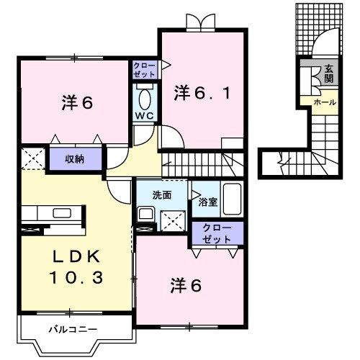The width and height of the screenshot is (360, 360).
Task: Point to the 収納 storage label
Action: pos(76,159)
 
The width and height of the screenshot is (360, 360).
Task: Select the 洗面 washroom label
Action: pos(161,194)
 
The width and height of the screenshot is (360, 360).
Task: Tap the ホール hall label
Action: pos(324,103)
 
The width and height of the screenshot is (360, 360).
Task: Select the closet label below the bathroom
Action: pos(217,233)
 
